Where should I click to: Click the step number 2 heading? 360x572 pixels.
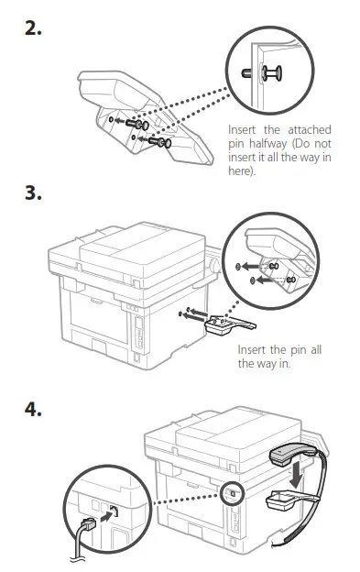[x=33, y=27]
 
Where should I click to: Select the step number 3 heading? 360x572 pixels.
[x=33, y=193]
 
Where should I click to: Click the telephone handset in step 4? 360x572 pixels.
[x=294, y=454]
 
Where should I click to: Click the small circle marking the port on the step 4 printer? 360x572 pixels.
[x=231, y=492]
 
